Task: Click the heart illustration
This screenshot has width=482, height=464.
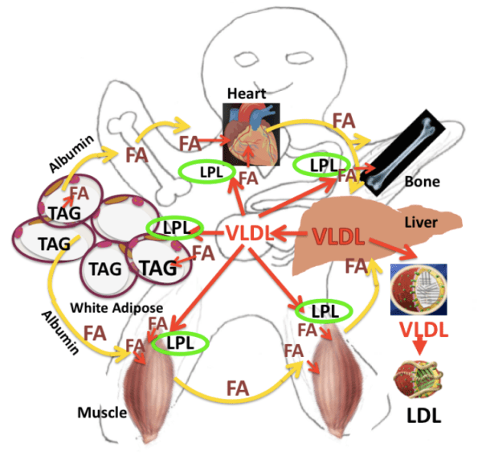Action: click(x=251, y=133)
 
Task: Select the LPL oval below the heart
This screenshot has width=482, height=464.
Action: click(x=206, y=171)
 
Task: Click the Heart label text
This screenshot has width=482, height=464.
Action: click(x=246, y=94)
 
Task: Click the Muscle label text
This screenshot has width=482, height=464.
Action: click(x=102, y=413)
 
